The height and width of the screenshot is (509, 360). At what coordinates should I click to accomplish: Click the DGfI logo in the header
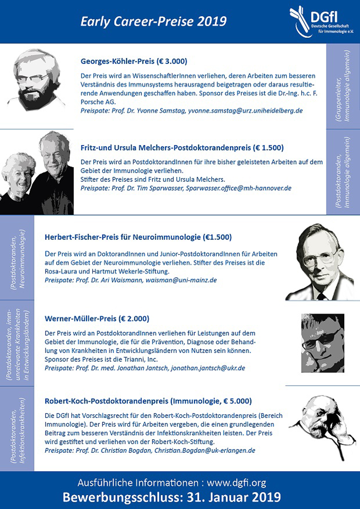(321, 22)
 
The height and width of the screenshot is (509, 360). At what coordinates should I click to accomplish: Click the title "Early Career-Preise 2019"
(154, 22)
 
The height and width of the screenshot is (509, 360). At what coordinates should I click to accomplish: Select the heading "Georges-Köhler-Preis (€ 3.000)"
(134, 61)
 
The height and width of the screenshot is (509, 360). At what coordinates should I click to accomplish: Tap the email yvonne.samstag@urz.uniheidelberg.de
(245, 110)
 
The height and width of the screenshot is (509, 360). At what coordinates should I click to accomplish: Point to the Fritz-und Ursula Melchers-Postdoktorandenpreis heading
(182, 147)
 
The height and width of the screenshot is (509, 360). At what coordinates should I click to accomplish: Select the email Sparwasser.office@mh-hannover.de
(238, 188)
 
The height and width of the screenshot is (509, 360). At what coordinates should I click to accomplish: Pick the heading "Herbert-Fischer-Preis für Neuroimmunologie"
(138, 237)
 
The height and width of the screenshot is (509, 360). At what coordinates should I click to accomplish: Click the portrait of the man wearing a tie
(319, 263)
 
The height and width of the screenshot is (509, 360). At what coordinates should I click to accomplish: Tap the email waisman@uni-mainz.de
(181, 280)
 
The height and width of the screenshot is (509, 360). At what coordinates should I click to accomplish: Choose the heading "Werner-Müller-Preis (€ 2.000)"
(97, 318)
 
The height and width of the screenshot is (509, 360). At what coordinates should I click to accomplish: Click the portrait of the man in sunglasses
(323, 342)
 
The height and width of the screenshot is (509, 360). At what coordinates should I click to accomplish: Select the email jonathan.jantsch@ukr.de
(208, 368)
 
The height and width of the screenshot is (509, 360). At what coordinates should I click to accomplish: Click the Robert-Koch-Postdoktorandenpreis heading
(148, 401)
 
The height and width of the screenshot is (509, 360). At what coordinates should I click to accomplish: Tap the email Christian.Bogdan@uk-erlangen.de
(204, 450)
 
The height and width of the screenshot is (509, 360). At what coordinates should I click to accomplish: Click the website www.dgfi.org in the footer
(237, 483)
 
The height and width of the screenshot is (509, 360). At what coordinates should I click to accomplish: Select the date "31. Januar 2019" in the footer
(234, 497)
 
